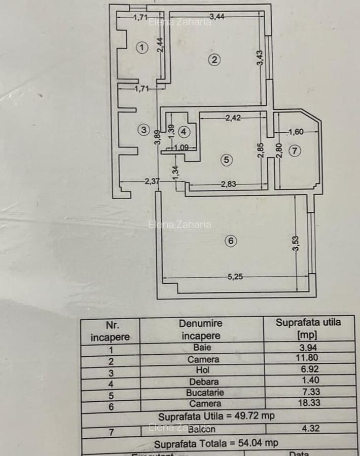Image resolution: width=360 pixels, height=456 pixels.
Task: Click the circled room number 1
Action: pos(142,48)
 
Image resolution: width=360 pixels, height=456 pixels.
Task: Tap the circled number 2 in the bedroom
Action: pos(214,60)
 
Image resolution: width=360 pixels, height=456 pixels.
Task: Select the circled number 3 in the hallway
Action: pos(144,130)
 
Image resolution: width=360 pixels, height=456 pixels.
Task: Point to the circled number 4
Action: pos(184,132)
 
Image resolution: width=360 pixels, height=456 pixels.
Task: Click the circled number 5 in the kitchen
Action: pos(226,160)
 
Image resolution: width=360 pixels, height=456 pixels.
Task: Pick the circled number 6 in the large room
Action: pos(231,241)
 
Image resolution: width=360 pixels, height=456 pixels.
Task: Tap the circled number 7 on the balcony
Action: pos(295,150)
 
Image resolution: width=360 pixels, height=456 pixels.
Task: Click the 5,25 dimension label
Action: pos(235,277)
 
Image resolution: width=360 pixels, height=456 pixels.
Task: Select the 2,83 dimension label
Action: pos(229,184)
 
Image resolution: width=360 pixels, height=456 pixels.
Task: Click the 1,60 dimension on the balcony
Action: pos(296,133)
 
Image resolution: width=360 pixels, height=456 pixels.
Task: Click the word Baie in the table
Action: pos(202,348)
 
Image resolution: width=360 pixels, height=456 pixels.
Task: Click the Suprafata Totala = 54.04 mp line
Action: pos(216,443)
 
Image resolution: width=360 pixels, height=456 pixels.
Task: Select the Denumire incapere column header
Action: pos(201,329)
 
